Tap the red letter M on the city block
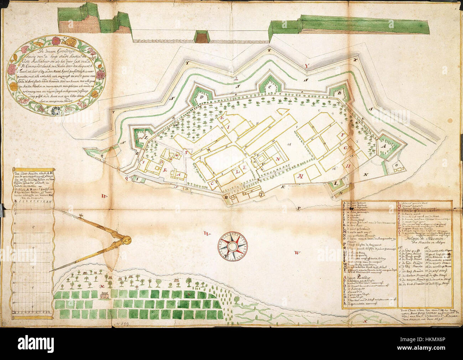300,176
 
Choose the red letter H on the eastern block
348,165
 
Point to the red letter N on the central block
280,159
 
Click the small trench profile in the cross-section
201,36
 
